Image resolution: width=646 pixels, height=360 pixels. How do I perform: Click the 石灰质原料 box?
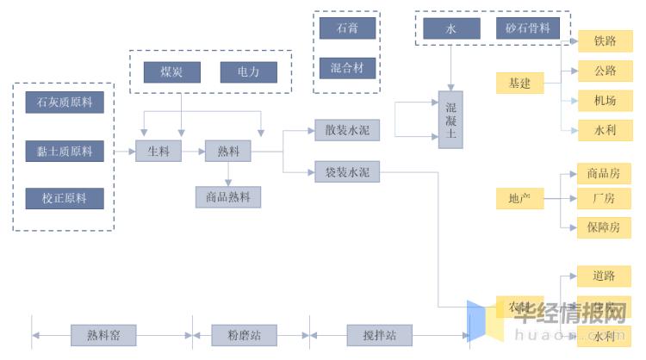65,103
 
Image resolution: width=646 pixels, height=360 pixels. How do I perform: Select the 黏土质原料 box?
65,151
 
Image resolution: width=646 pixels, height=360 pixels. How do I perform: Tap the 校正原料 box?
65,198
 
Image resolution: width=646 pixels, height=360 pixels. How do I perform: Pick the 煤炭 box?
171,72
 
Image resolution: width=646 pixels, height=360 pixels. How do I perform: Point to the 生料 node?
159,151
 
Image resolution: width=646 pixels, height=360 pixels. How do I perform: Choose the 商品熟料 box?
228,197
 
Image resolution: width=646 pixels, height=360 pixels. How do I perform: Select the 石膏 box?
348,28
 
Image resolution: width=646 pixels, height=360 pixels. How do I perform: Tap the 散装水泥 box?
347,130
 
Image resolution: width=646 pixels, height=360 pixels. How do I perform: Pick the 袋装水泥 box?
347,172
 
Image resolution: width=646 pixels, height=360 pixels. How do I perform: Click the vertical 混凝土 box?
450,120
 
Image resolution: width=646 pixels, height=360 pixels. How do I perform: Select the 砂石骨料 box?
528,28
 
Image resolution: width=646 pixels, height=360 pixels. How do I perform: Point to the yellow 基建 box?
519,84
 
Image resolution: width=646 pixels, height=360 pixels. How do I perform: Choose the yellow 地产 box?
519,198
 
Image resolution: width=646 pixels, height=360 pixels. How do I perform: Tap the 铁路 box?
604,40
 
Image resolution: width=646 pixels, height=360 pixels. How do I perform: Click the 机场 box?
604,100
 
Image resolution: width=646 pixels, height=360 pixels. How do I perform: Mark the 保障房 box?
604,227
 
